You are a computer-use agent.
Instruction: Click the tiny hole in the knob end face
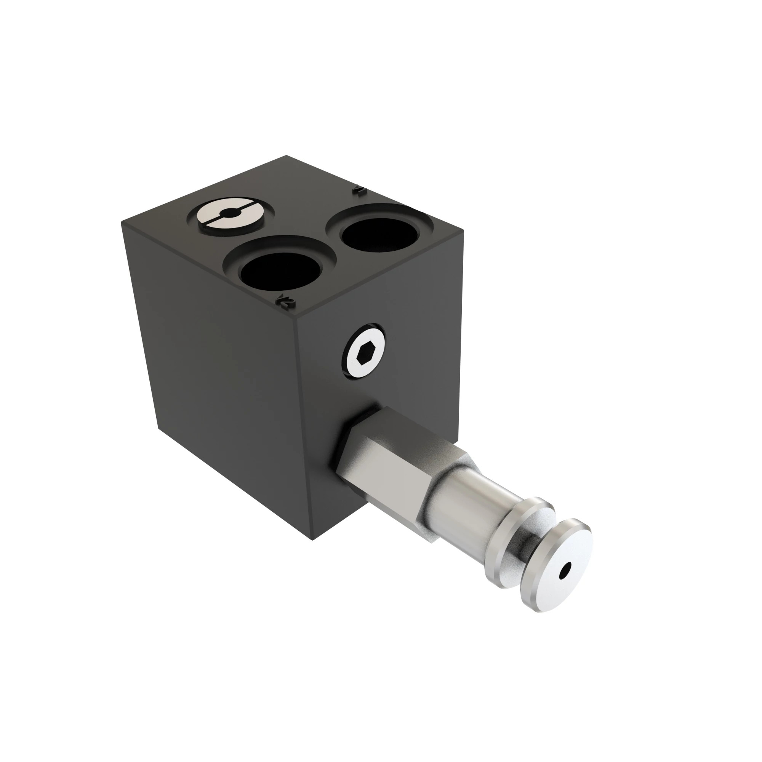[567, 569]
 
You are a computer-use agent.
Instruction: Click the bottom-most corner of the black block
[312, 540]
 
